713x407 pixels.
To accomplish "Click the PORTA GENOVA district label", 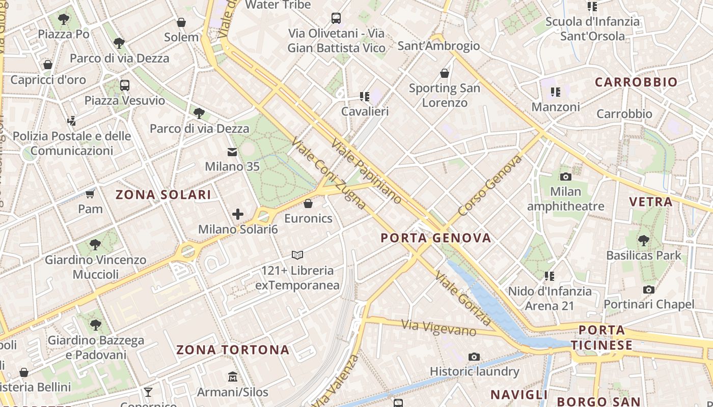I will point(436,238).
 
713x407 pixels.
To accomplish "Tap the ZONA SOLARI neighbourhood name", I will point(163,195).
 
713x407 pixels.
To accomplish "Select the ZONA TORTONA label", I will point(233,350).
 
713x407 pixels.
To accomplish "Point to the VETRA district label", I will point(651,202).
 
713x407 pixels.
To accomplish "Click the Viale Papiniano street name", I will point(366,170).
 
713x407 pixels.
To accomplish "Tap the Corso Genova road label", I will point(490,186).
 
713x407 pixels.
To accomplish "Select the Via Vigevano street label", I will point(438,328).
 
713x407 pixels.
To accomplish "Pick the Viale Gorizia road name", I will point(463,298).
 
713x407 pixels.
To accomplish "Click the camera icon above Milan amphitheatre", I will point(565,177).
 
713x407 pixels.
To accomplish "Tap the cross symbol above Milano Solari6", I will point(238,214).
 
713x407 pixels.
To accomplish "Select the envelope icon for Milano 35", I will point(232,152).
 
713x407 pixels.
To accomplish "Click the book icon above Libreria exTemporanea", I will point(297,255).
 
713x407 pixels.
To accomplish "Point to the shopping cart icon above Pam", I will point(90,194).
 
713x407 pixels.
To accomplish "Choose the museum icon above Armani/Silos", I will point(233,377).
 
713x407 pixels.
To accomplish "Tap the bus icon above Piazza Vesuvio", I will point(125,85).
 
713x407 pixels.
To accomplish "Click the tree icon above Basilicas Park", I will point(644,240).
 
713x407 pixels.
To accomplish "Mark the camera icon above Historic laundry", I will point(474,357).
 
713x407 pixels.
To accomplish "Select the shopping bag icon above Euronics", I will point(308,204).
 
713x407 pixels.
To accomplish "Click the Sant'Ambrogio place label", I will point(438,46).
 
